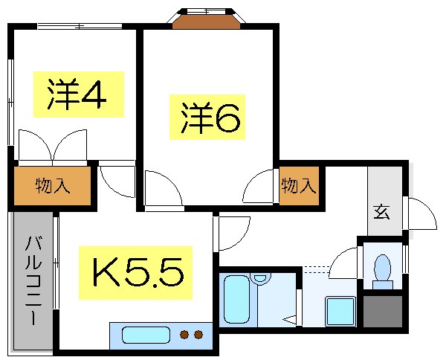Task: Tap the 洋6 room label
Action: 210,118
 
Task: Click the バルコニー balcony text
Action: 33,278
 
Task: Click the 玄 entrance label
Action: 381,212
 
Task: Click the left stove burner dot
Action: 184,335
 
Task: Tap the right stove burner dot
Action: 199,335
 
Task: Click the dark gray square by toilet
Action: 382,312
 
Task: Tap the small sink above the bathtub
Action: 259,280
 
